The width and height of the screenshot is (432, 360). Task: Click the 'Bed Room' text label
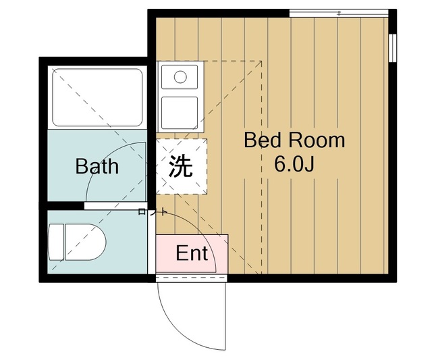pos(294,141)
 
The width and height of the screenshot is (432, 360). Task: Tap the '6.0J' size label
pos(294,164)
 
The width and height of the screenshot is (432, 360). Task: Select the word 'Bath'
pos(97,166)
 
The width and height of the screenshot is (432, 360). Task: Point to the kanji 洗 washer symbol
pos(180,166)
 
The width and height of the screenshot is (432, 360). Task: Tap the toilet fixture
pos(79,241)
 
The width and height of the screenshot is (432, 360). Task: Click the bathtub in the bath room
pos(97,97)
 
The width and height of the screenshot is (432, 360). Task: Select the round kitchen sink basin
pos(180,76)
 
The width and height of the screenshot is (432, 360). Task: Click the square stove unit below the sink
pos(180,111)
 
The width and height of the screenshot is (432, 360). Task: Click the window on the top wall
pos(339,13)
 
